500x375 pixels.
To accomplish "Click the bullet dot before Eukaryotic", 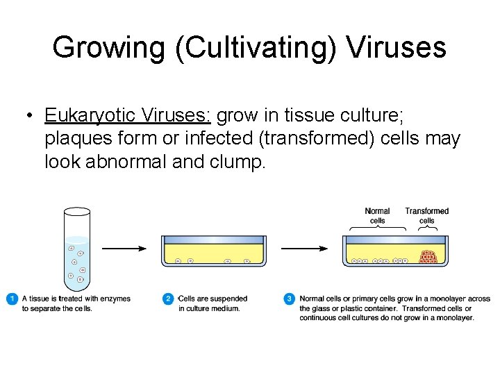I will tap(28, 115).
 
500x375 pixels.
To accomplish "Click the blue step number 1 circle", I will tap(12, 299).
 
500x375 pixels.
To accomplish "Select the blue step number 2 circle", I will tap(168, 299).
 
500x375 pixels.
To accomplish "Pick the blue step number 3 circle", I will tap(289, 299).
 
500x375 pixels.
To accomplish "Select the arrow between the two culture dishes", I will tap(303, 248).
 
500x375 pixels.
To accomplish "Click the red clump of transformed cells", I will tap(428, 257).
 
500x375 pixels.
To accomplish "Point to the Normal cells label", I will tap(377, 216).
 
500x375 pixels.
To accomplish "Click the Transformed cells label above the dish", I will tap(426, 216).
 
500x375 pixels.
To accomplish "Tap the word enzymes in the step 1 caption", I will tap(115, 299).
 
